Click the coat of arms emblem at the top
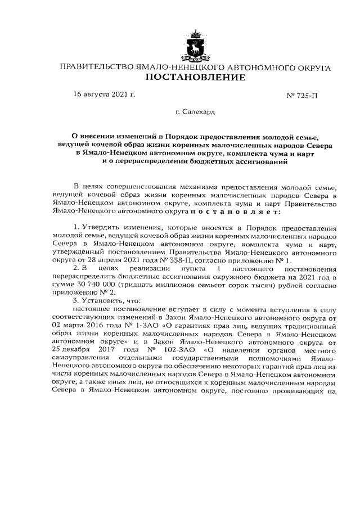click(x=195, y=46)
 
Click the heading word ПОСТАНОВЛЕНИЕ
click(x=195, y=77)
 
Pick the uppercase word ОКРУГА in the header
click(x=310, y=67)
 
